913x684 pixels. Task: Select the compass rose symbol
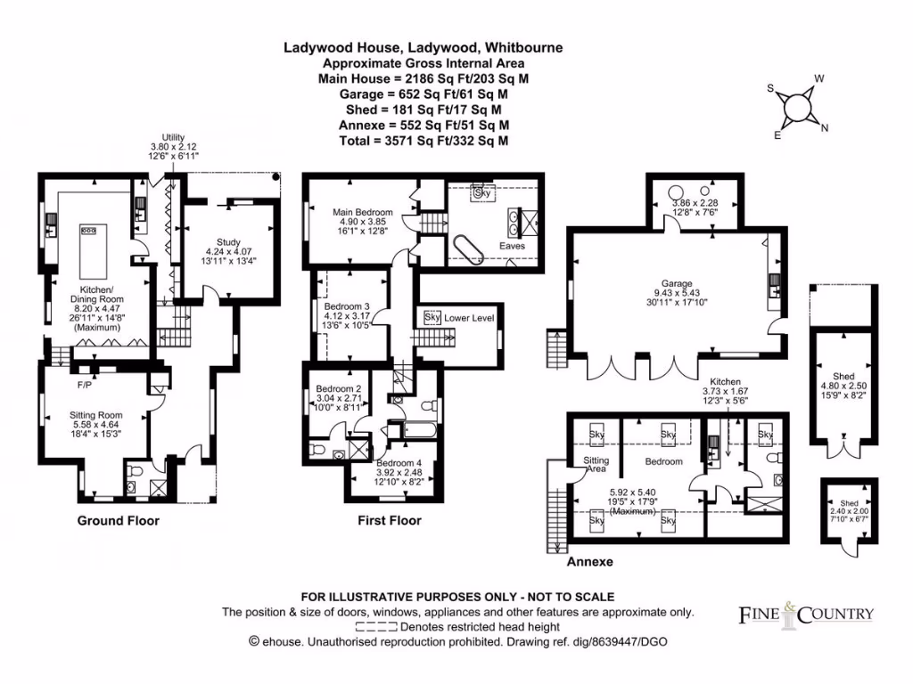tap(797, 108)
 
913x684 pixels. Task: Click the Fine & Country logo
tap(807, 614)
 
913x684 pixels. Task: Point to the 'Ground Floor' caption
tap(118, 520)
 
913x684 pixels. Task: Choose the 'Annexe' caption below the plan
tap(589, 562)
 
